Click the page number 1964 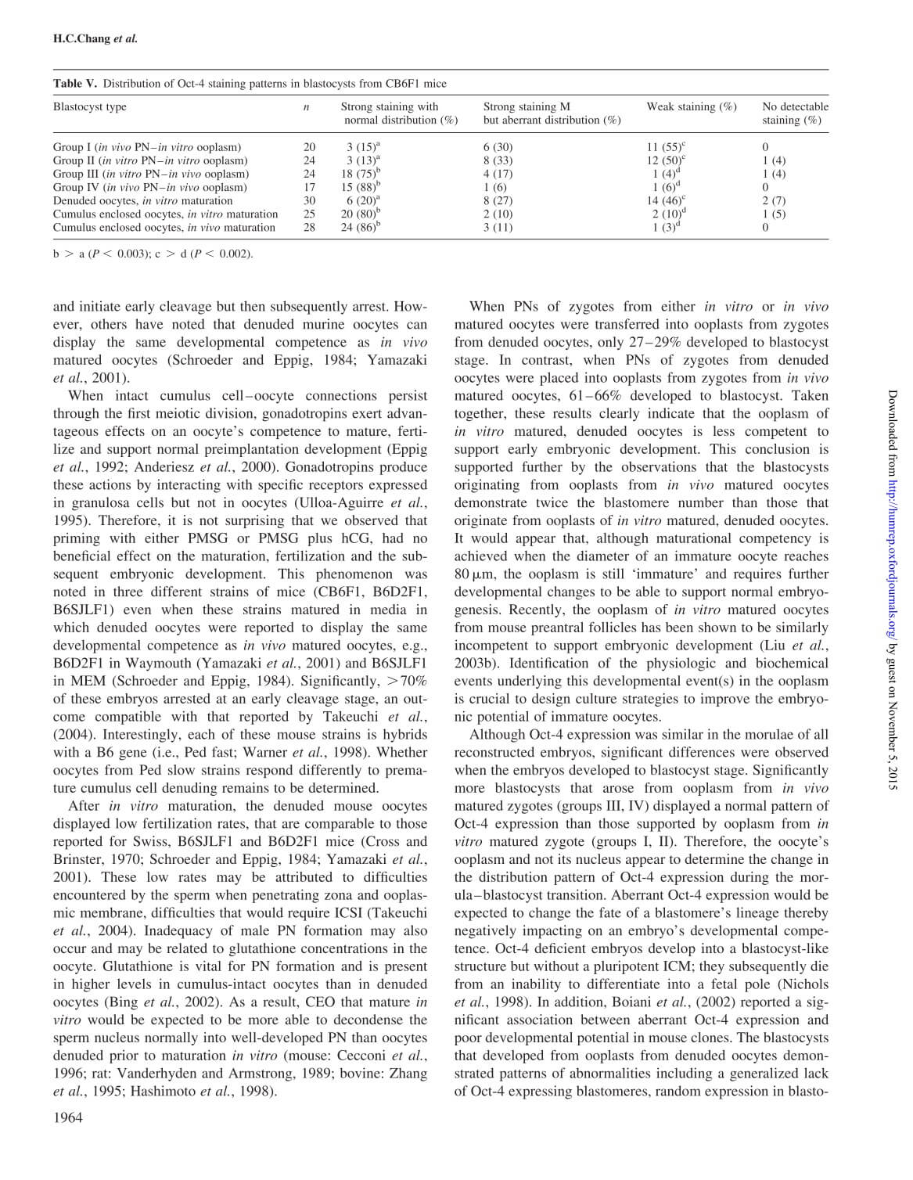[x=67, y=1117]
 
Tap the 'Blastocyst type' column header [x=89, y=107]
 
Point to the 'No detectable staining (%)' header [x=795, y=113]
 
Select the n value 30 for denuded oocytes [x=309, y=201]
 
